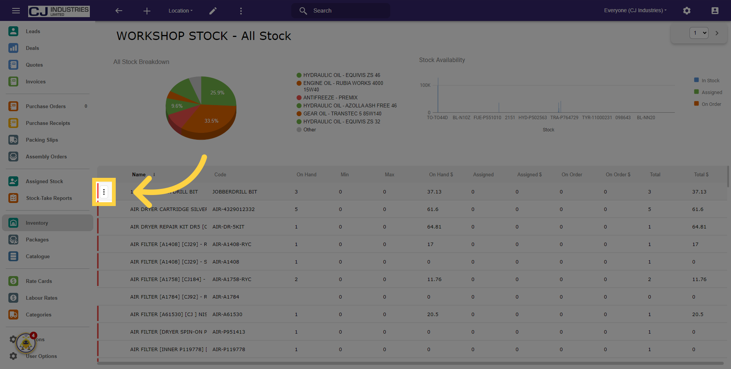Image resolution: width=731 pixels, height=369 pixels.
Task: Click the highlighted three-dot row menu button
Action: coord(104,192)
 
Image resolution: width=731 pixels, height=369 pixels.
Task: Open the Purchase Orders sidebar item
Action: coord(46,106)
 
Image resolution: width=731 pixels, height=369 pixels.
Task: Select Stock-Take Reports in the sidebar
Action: coord(49,198)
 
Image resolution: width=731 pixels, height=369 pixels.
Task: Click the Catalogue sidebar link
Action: coord(38,256)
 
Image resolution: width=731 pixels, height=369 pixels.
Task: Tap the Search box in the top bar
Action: coord(341,11)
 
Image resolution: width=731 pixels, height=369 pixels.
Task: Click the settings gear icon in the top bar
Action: coord(686,11)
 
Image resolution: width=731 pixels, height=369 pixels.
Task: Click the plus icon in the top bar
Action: coord(147,11)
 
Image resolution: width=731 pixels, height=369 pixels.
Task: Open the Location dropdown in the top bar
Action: coord(180,11)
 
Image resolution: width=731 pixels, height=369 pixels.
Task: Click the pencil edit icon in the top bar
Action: coord(213,11)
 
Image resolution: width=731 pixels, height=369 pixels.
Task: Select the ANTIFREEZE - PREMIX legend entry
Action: coord(330,97)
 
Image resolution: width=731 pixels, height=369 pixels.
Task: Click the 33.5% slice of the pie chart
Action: coord(211,121)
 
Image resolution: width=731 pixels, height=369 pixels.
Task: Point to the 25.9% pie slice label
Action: coord(217,93)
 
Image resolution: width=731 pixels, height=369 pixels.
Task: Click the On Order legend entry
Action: coord(711,104)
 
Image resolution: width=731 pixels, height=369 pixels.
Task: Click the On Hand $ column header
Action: coord(441,174)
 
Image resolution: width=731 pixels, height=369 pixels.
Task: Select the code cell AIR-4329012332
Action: coord(233,209)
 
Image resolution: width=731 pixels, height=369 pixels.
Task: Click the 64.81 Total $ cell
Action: coord(699,227)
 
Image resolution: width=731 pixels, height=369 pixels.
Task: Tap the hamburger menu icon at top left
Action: coord(16,11)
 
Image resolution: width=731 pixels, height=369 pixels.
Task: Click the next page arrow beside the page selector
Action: coord(717,33)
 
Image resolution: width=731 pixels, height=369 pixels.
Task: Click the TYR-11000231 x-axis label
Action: coord(597,118)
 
